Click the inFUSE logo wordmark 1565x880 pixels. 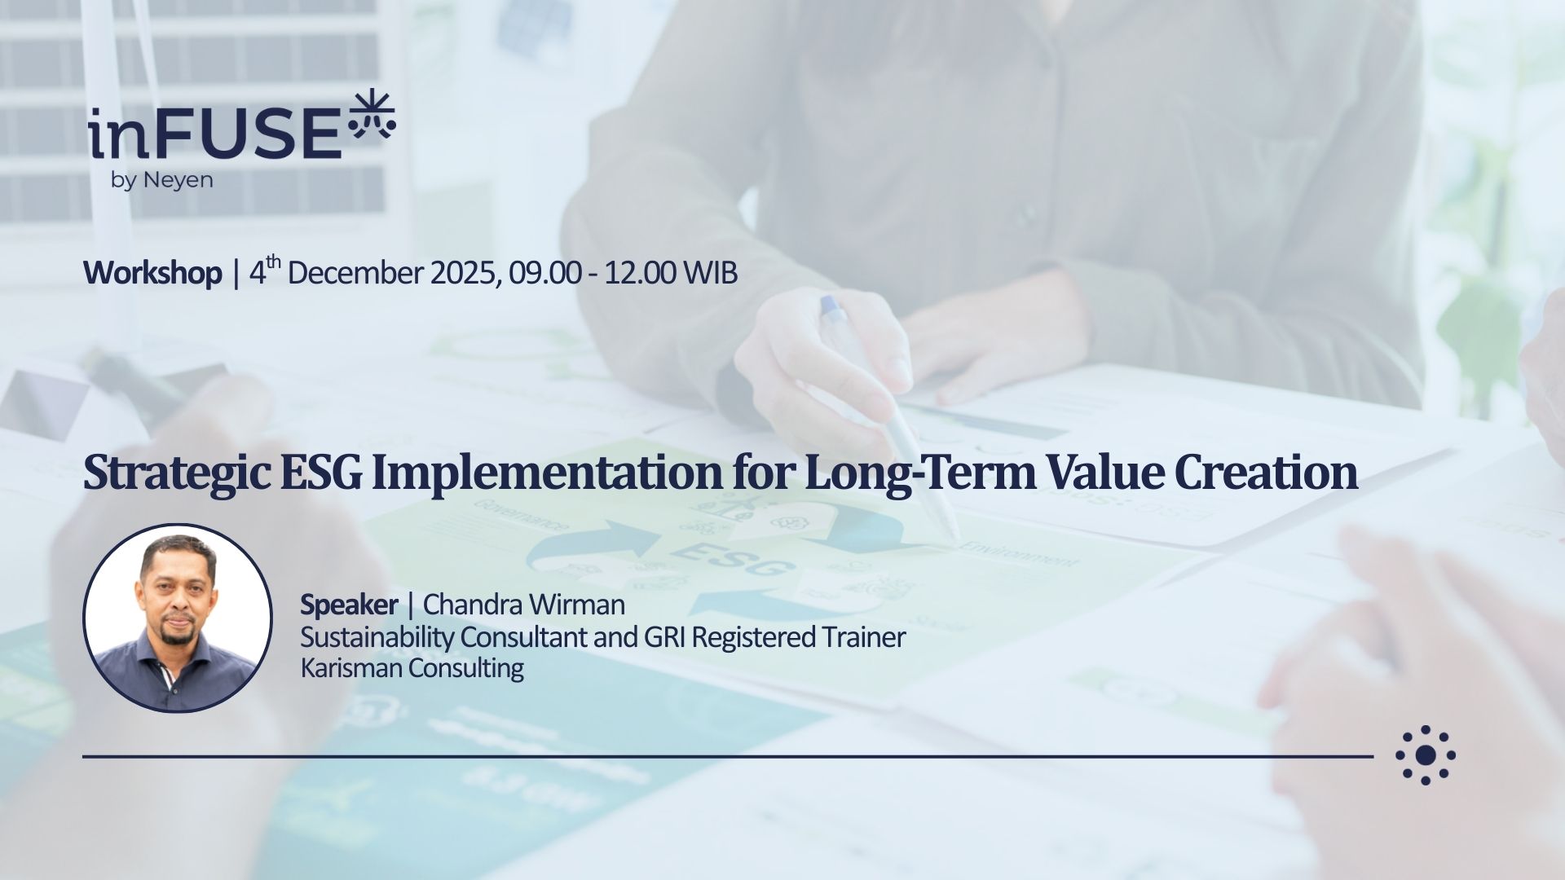tap(215, 134)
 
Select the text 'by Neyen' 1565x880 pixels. tap(161, 180)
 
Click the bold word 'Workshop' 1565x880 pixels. tap(152, 273)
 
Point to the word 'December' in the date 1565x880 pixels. tap(355, 273)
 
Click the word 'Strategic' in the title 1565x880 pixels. tap(177, 473)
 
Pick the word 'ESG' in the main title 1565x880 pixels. tap(320, 472)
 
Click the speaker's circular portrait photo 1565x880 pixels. tap(178, 618)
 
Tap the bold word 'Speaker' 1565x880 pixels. tap(349, 605)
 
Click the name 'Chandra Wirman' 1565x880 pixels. tap(524, 605)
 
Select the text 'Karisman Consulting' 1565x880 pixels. tap(412, 668)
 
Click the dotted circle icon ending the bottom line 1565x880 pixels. tap(1426, 755)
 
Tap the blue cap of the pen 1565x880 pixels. tap(831, 306)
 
